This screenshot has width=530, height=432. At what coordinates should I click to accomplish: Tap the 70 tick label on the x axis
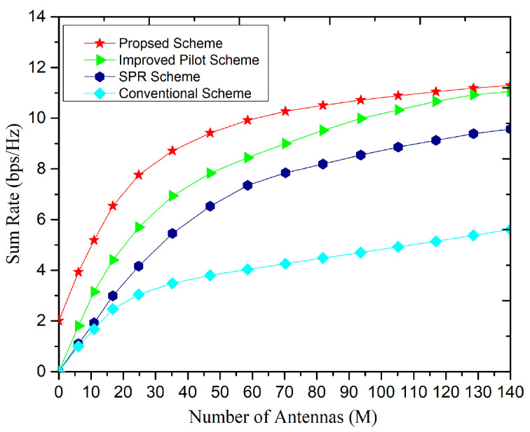coord(284,389)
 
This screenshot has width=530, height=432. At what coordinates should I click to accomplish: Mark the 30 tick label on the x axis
coord(156,389)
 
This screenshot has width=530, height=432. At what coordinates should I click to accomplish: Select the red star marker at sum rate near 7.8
coord(139,175)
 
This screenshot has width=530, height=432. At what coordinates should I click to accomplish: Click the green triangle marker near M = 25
coord(140,227)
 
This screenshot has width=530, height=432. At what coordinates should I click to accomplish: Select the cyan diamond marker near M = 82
coord(322,258)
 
